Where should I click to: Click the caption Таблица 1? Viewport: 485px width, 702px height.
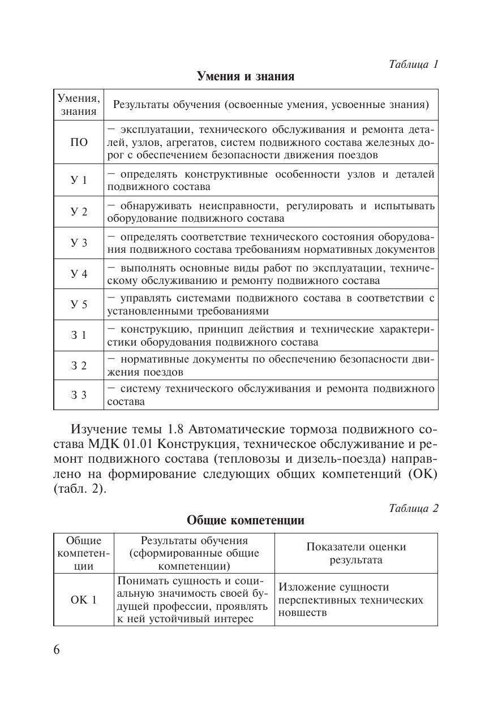click(414, 64)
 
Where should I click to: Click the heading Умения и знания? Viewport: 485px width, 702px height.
click(246, 76)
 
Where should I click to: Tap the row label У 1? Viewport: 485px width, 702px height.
click(79, 180)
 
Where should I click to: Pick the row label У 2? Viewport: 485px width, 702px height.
click(79, 212)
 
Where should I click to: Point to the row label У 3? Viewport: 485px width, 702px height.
click(79, 243)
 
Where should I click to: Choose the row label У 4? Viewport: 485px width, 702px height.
click(79, 274)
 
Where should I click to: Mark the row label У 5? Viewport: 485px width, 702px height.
click(79, 305)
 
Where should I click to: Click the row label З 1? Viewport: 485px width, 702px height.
click(79, 335)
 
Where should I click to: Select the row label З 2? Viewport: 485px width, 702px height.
click(79, 366)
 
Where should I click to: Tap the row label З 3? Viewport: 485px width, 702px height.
click(79, 395)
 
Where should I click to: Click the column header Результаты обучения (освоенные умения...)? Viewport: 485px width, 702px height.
click(271, 105)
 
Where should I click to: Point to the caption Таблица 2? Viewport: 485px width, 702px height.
click(414, 508)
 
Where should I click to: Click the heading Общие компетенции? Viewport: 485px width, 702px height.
click(246, 520)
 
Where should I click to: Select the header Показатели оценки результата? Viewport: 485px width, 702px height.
click(356, 553)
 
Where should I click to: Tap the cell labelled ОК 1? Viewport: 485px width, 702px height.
click(84, 600)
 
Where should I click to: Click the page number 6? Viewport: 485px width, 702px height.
click(57, 649)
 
